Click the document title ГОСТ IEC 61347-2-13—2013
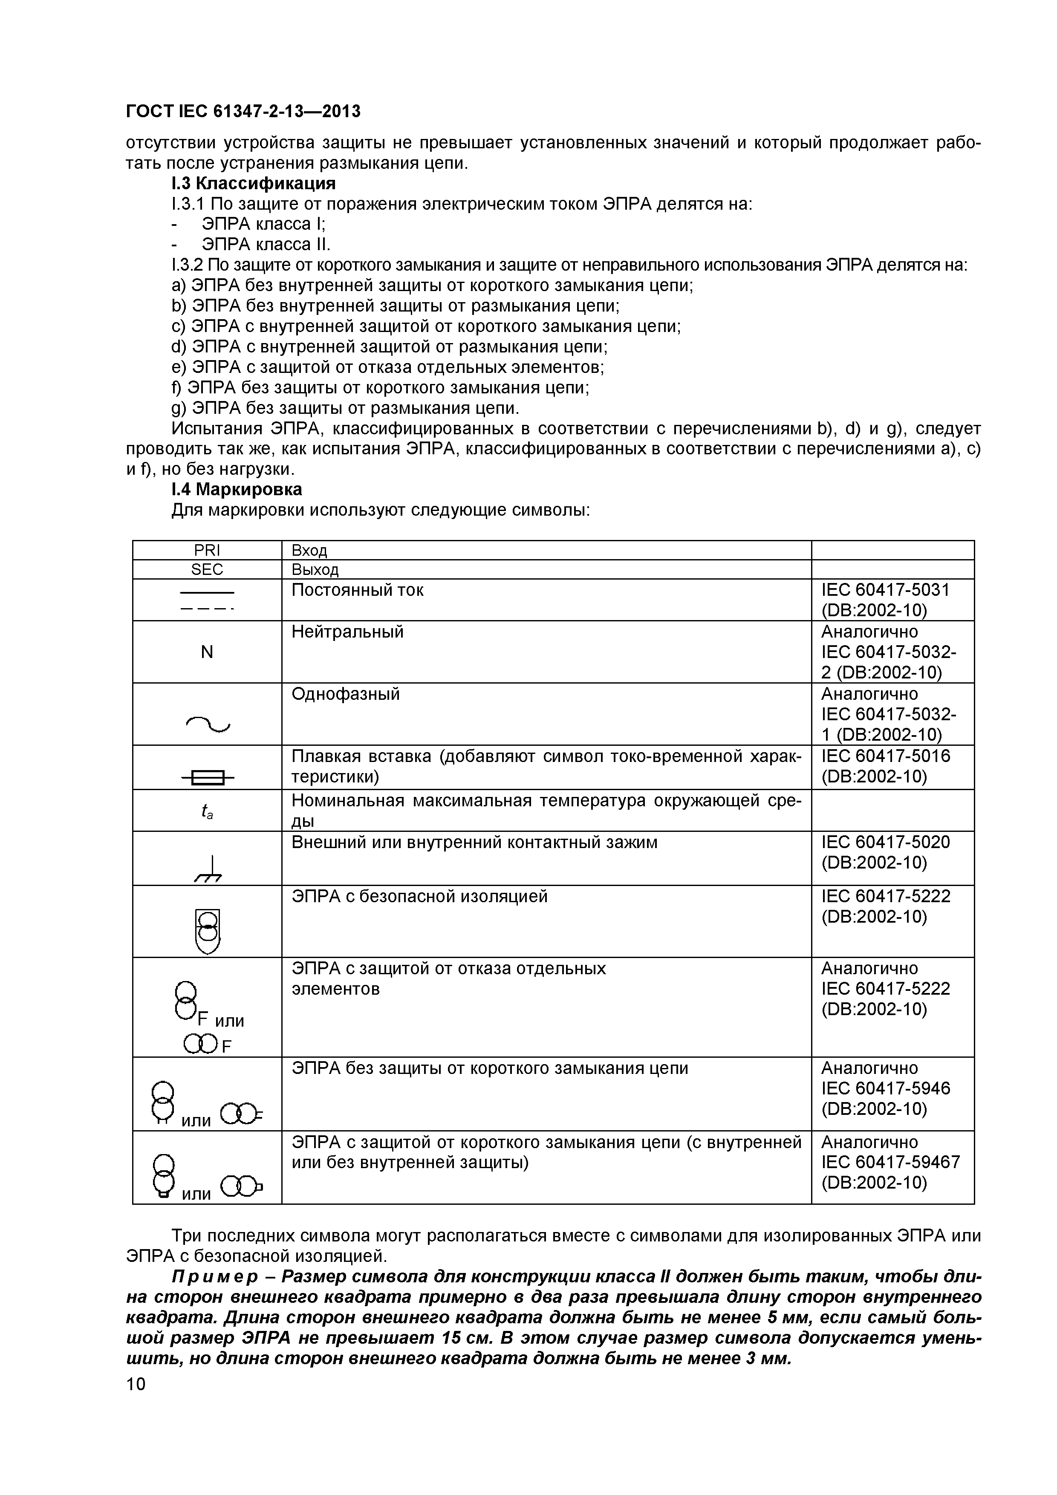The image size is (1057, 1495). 243,112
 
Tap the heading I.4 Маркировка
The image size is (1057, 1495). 237,488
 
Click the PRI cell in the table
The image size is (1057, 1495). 207,550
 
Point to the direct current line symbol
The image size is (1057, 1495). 207,600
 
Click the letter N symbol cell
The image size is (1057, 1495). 207,652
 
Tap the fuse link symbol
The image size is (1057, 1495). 208,777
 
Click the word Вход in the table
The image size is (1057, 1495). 309,550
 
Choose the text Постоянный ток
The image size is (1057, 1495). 357,590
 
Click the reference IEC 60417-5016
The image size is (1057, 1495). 885,756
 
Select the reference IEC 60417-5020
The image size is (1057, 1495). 885,842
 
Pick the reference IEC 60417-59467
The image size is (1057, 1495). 889,1162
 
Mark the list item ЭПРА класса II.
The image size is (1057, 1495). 266,244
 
